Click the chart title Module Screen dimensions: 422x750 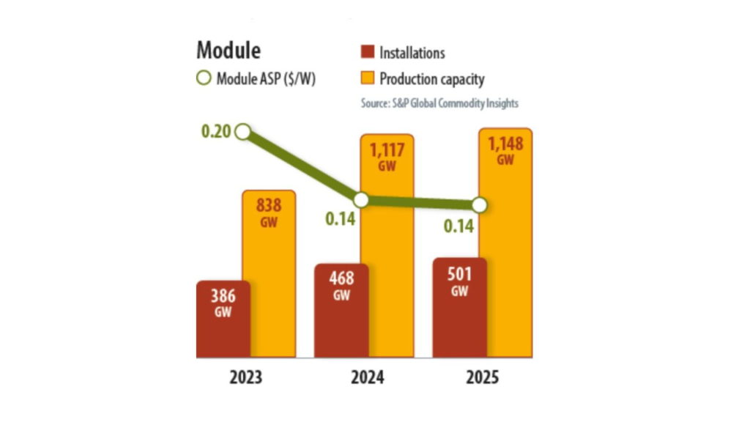229,51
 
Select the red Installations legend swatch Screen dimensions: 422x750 368,52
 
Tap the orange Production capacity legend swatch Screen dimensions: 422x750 368,78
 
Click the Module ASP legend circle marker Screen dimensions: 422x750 204,78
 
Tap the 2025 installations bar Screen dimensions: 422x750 459,308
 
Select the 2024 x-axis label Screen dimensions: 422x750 364,378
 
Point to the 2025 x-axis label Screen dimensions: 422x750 482,378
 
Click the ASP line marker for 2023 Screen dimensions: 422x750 244,132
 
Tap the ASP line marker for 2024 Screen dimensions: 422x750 360,199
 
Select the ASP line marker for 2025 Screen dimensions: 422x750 480,204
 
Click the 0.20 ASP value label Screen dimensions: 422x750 215,132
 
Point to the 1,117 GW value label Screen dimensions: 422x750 387,156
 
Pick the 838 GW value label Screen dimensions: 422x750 269,210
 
